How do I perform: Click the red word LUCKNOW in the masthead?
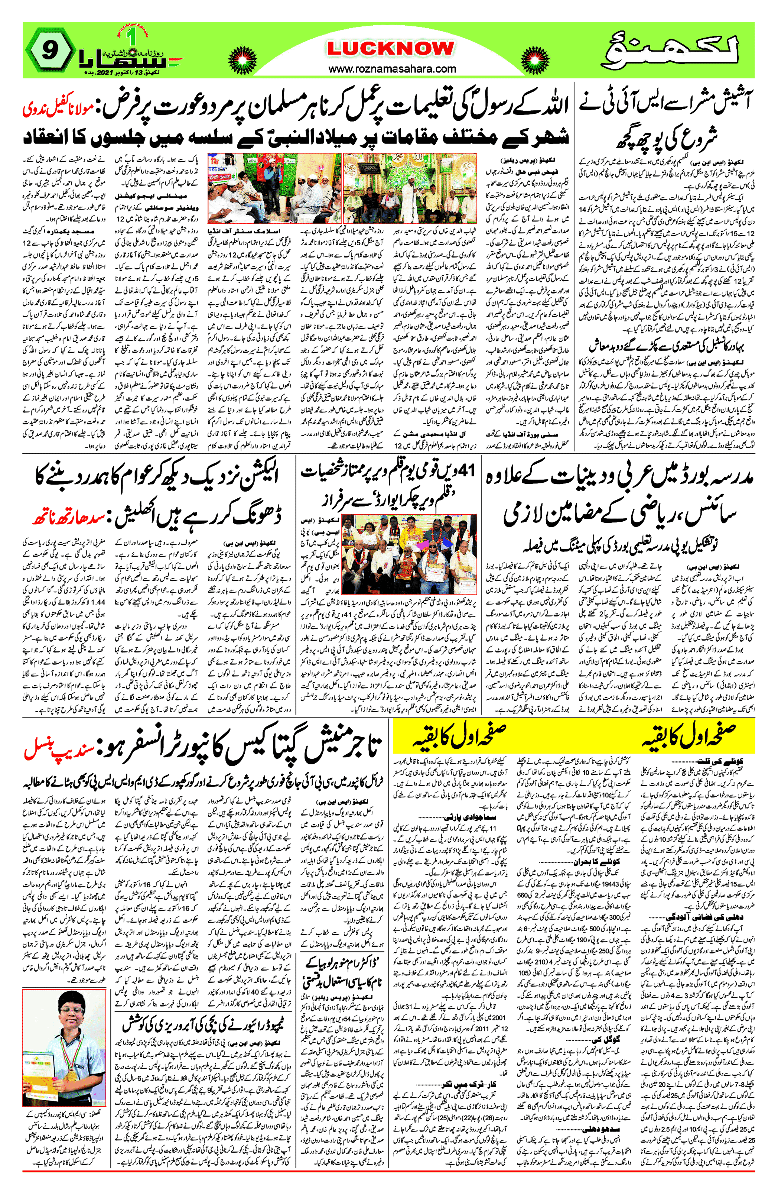pos(391,49)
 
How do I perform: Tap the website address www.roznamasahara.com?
pos(392,68)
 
